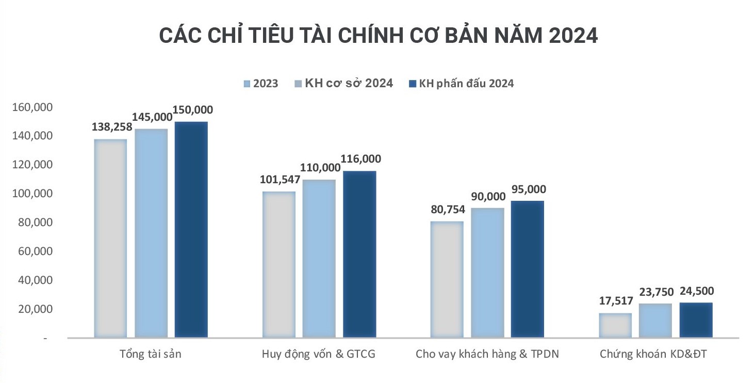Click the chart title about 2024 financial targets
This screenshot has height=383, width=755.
tap(378, 36)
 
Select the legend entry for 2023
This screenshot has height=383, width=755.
tap(261, 84)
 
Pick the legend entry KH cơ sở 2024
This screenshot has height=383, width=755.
tap(343, 83)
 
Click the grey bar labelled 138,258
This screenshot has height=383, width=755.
tap(110, 238)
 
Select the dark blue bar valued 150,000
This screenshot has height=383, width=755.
tap(191, 230)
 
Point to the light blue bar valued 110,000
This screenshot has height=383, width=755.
tap(319, 259)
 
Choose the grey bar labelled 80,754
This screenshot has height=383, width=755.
tap(447, 279)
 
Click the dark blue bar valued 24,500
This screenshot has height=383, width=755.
tap(696, 320)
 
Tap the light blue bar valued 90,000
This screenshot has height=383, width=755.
tap(487, 273)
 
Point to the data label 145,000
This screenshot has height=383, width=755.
tap(152, 117)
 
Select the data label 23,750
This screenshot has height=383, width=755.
tap(655, 292)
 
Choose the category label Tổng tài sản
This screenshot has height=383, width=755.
tap(151, 355)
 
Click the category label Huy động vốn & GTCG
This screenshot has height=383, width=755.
tap(319, 355)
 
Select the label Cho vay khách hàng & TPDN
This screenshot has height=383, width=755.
tap(487, 355)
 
